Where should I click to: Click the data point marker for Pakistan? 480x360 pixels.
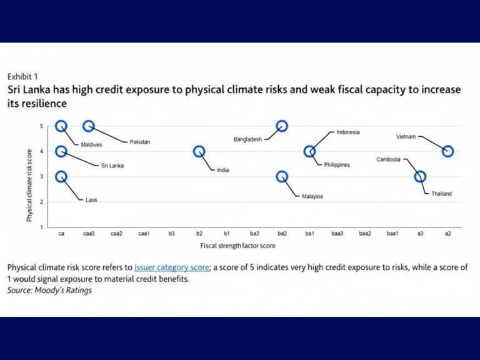coord(89,126)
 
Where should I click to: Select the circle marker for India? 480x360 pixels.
coord(199,151)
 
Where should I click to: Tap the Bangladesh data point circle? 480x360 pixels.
coord(282,126)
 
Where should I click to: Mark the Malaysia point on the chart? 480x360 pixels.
coord(282,177)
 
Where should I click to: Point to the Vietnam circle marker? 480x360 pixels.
coord(447,151)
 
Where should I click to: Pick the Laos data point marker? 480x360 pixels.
coord(61,177)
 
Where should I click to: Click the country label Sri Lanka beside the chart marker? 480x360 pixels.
coord(112,166)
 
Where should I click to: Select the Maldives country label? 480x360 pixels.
coord(92,144)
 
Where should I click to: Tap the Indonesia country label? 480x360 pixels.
coord(348,132)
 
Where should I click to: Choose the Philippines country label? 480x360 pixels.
coord(337,165)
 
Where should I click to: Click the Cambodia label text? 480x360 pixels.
coord(389,159)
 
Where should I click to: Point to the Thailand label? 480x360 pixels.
coord(441,194)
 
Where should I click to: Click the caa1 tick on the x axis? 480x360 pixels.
coord(144,233)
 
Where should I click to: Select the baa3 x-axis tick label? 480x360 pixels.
coord(337,233)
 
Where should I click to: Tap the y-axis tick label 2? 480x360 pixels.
coord(42,202)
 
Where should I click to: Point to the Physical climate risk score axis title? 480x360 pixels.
coord(29,176)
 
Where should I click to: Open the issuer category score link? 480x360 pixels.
coord(172,267)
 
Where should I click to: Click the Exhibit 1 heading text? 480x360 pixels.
coord(22,77)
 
